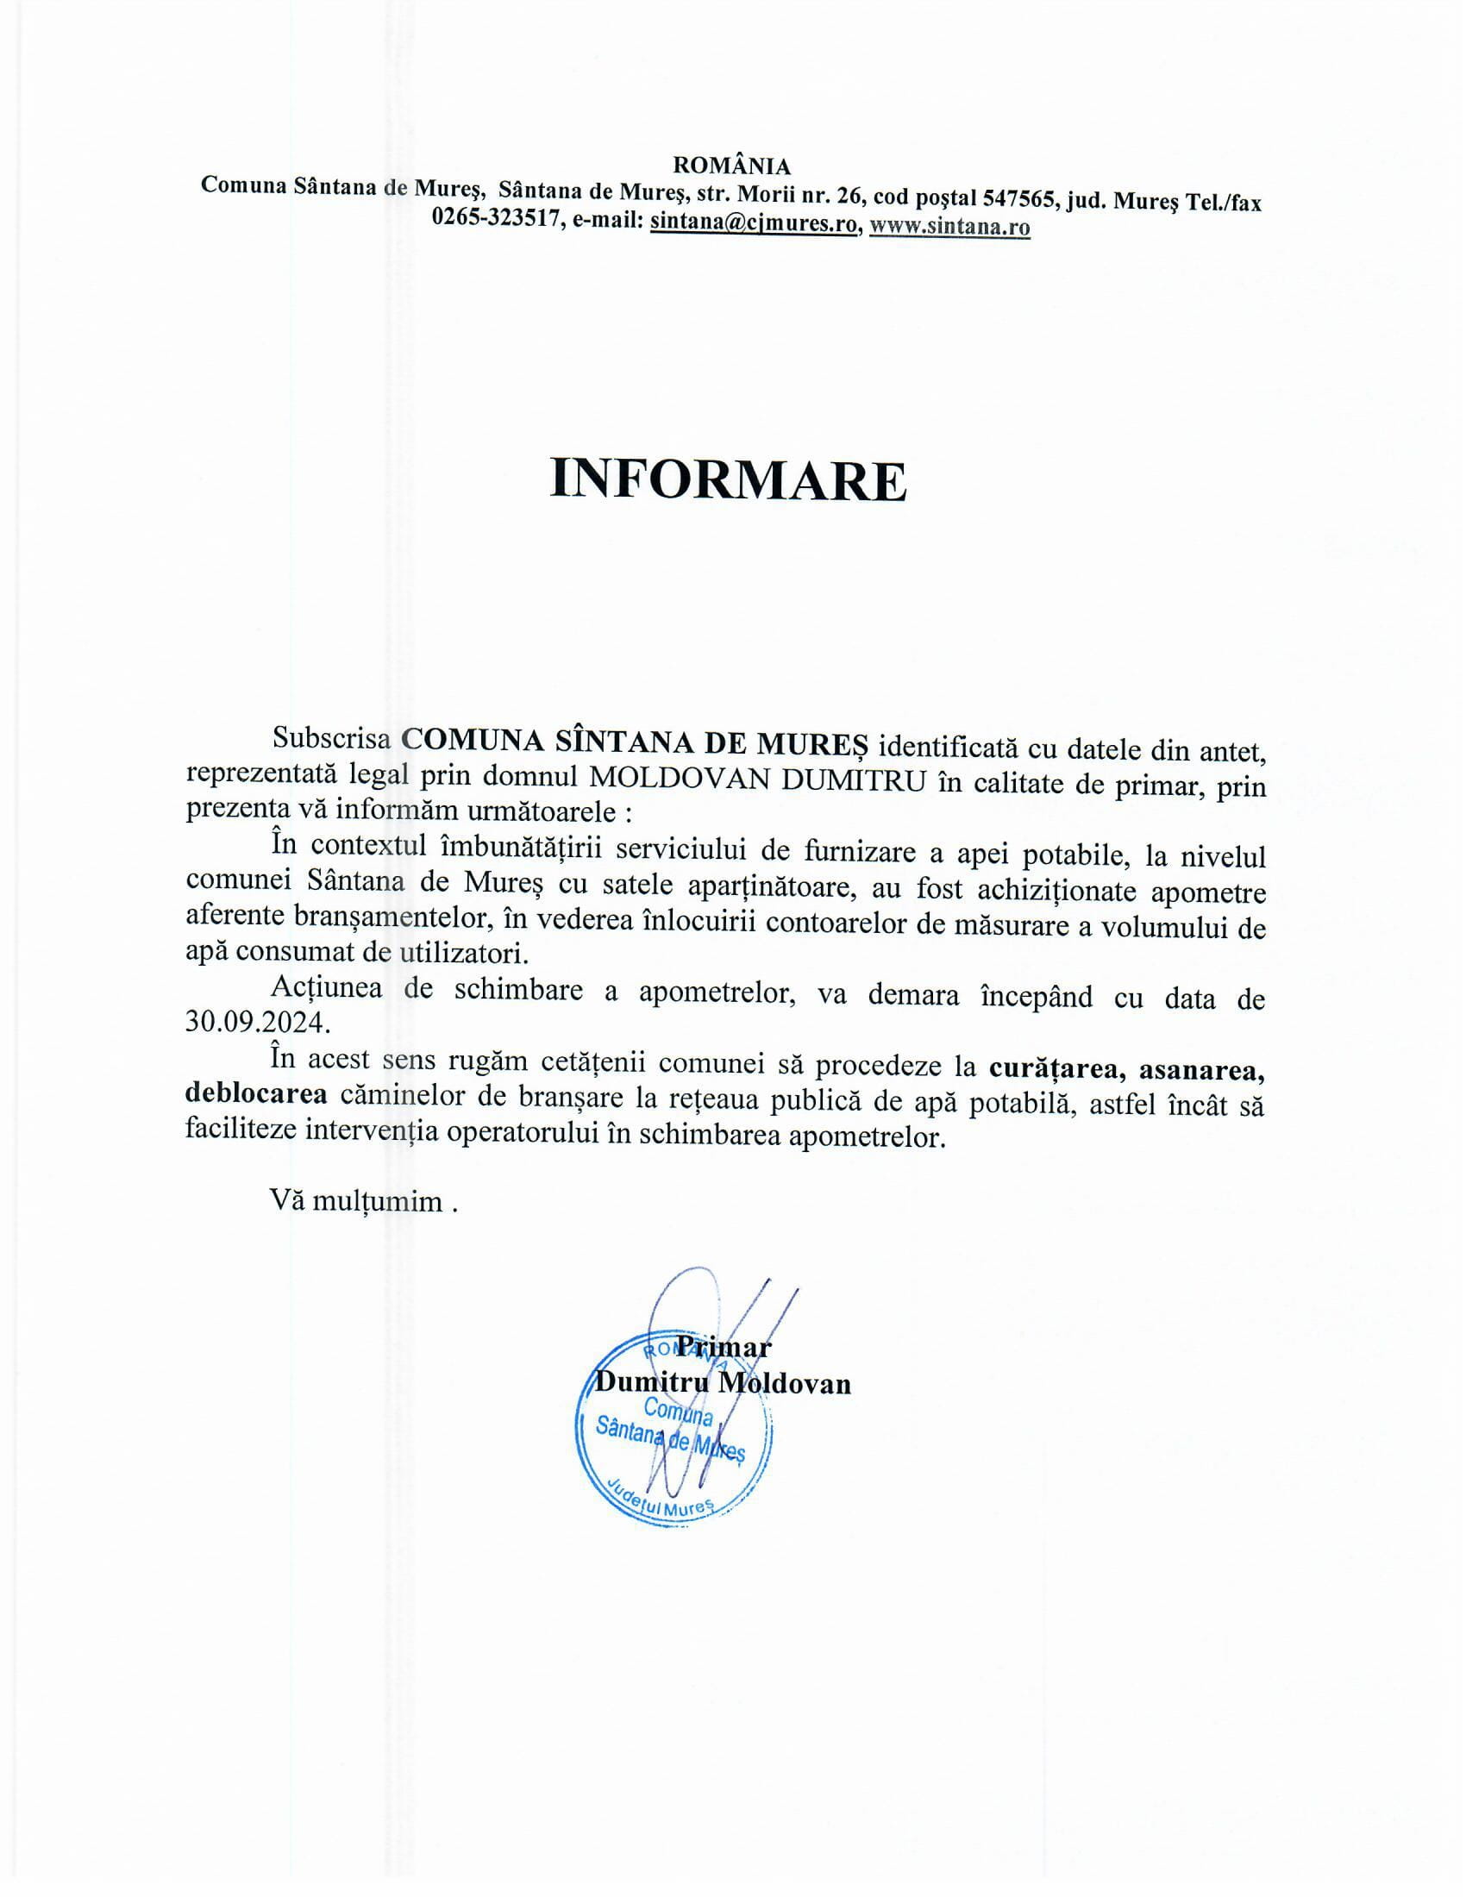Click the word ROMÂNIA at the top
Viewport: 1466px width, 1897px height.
tap(732, 166)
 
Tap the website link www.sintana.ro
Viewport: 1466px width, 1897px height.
tap(949, 226)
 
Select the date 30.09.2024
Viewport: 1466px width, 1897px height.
tap(258, 1022)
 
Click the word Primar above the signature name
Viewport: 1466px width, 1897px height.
tap(724, 1347)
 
